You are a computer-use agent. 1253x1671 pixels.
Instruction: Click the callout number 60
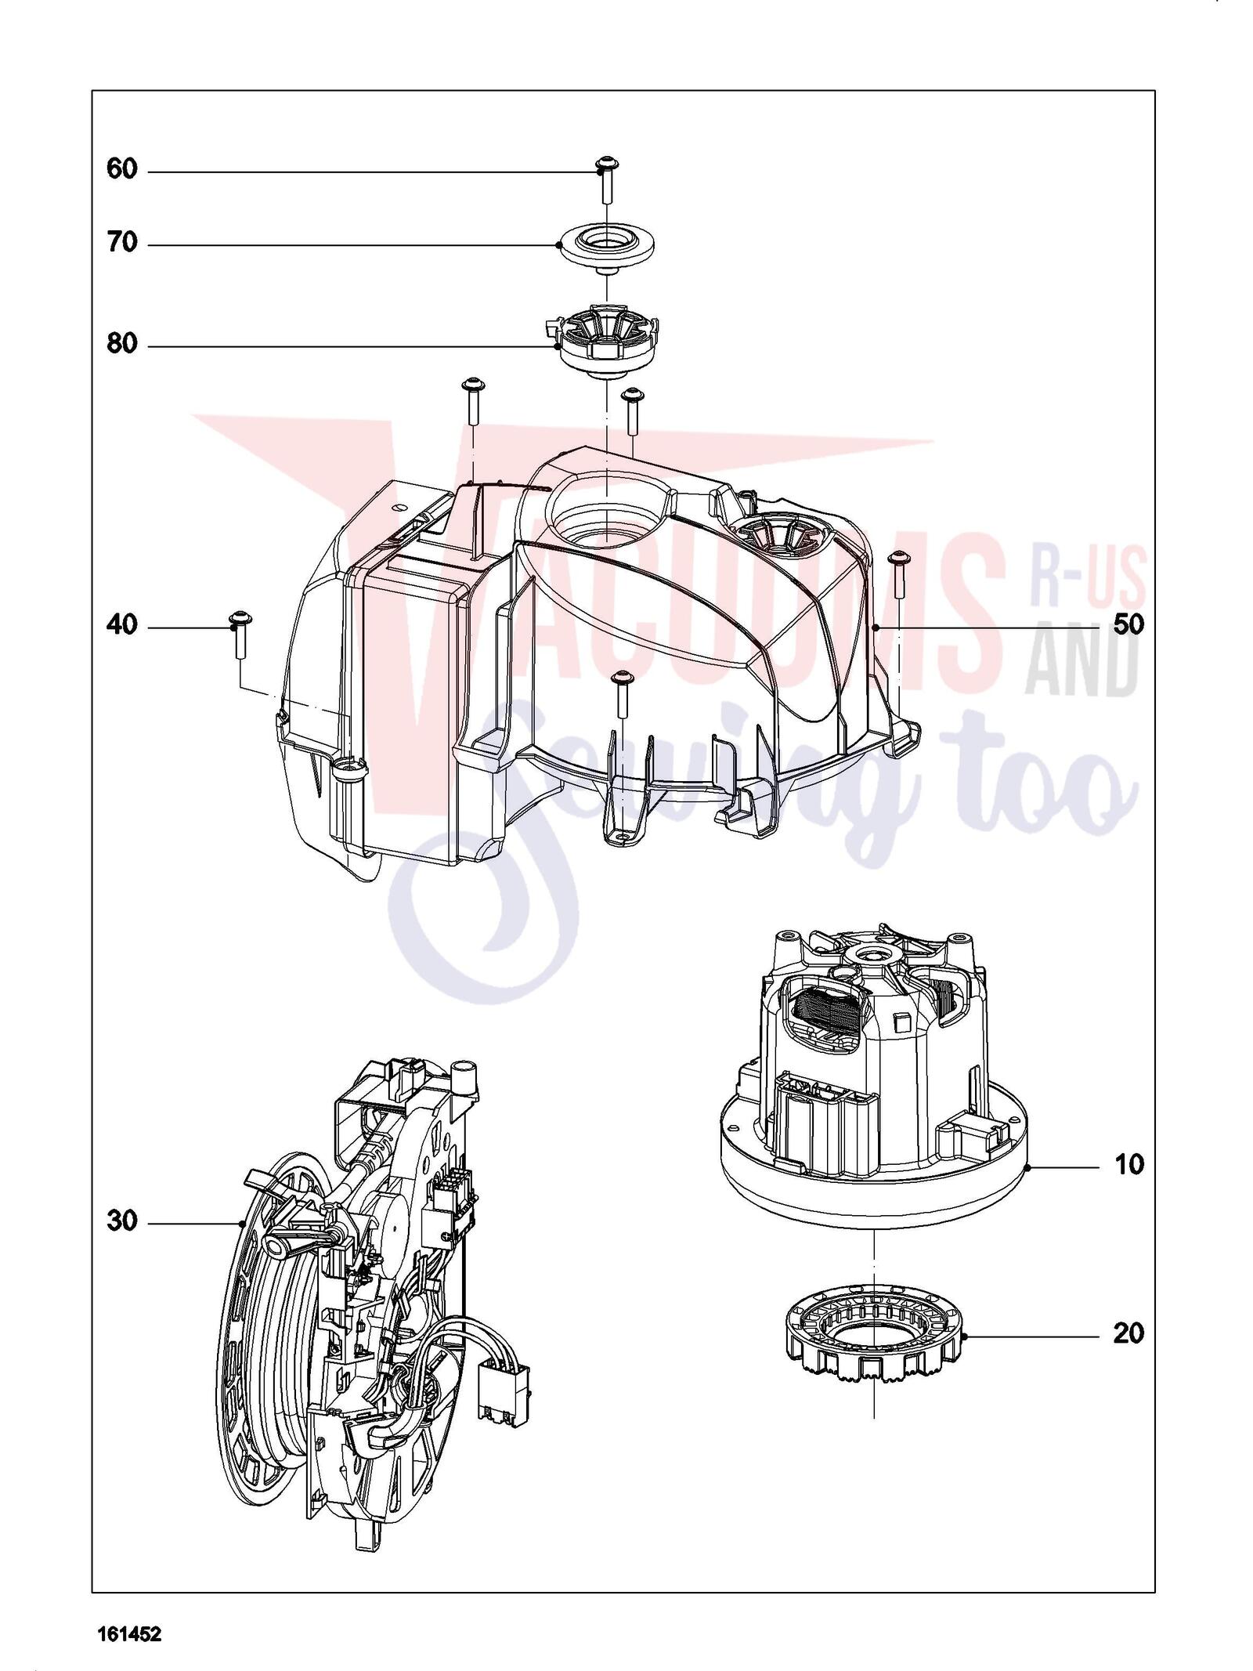pyautogui.click(x=121, y=169)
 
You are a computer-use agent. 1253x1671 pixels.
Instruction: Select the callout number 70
pyautogui.click(x=121, y=244)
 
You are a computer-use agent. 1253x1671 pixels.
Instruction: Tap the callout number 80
pyautogui.click(x=121, y=344)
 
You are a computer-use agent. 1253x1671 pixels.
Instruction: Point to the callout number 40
pyautogui.click(x=121, y=626)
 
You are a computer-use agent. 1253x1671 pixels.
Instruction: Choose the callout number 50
pyautogui.click(x=1128, y=625)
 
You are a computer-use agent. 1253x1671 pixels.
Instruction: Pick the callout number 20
pyautogui.click(x=1128, y=1333)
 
